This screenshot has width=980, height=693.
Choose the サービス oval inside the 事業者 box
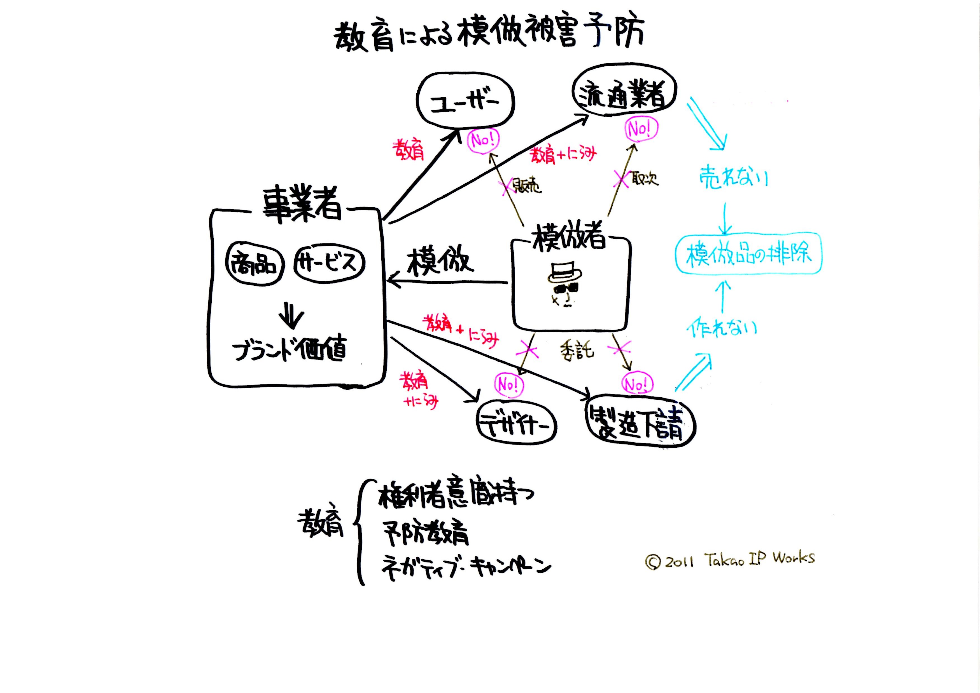(x=329, y=262)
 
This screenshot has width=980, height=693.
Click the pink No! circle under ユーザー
(x=483, y=140)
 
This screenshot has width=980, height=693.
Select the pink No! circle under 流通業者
(x=641, y=128)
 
